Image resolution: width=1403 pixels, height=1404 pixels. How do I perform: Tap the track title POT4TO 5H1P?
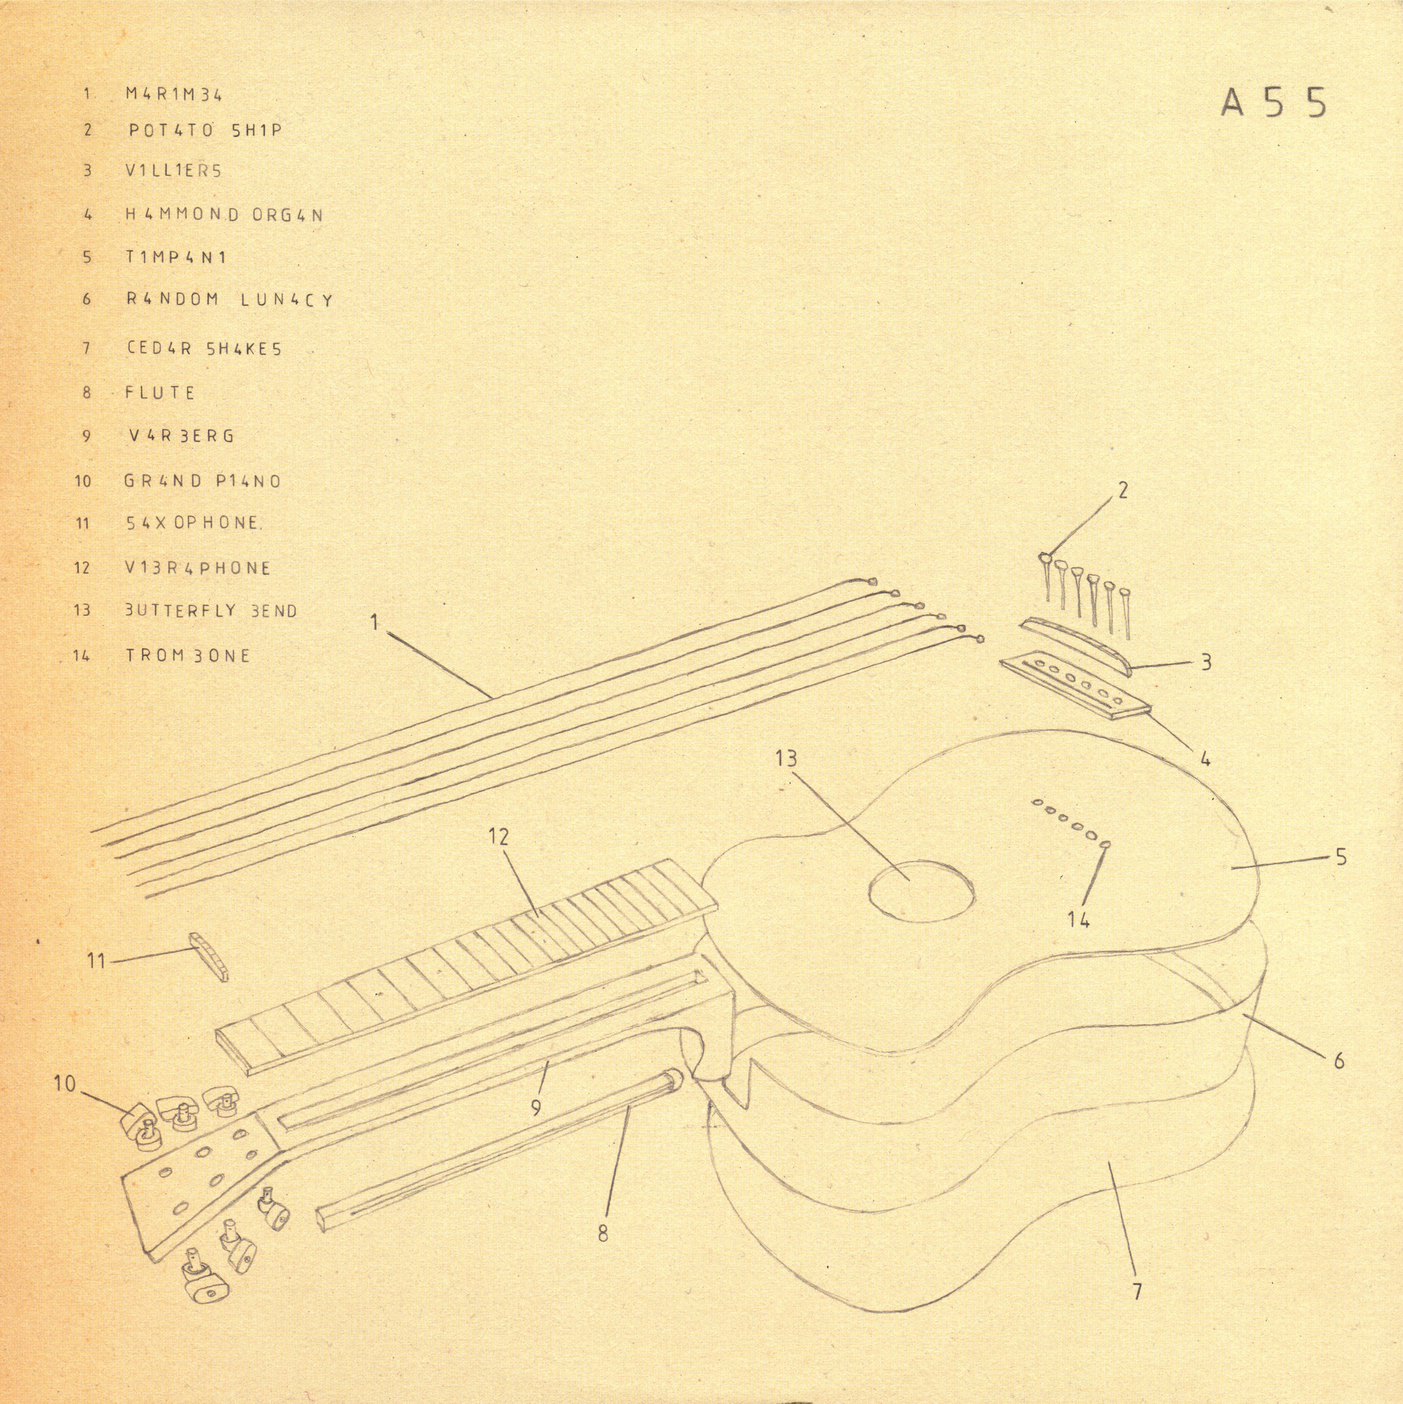coord(205,131)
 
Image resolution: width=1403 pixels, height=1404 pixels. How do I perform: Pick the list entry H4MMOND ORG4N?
coord(224,215)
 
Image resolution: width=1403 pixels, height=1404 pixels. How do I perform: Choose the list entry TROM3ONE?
coord(188,655)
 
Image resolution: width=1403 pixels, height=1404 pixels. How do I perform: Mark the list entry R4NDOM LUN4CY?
coord(230,299)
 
